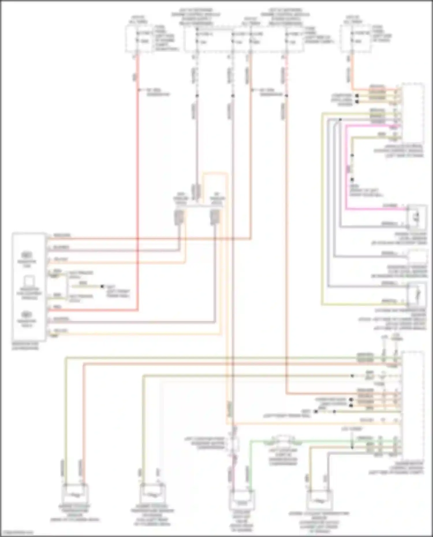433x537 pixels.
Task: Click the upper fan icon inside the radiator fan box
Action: (x=27, y=255)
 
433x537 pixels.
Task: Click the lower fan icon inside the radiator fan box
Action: (x=27, y=314)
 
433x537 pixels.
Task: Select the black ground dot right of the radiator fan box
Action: (x=102, y=287)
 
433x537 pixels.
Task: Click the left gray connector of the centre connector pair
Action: (x=179, y=217)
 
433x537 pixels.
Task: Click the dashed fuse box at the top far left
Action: (x=139, y=39)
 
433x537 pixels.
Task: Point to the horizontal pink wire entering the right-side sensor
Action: (x=375, y=208)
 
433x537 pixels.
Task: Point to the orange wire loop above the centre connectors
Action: (x=214, y=174)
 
